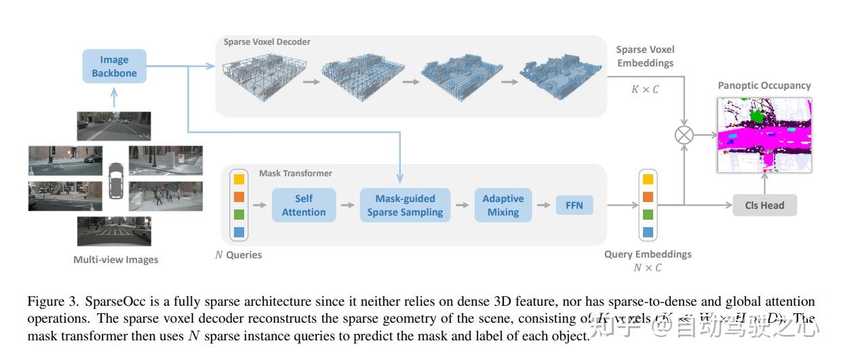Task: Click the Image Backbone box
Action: click(x=114, y=66)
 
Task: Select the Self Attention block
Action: click(x=303, y=205)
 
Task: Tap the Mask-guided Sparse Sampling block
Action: click(x=405, y=205)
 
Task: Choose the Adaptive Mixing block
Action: click(x=503, y=205)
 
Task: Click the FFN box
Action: click(x=574, y=205)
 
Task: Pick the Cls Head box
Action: click(x=764, y=205)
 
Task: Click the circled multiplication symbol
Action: click(x=684, y=135)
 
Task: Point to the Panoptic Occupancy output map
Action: click(x=764, y=135)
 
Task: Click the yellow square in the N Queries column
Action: click(x=239, y=180)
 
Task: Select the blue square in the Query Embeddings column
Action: click(x=648, y=233)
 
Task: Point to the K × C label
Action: click(x=645, y=89)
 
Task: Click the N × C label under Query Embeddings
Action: click(x=647, y=268)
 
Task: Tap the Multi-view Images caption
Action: click(x=115, y=260)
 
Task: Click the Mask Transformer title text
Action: click(x=296, y=174)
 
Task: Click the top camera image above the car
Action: click(x=113, y=126)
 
